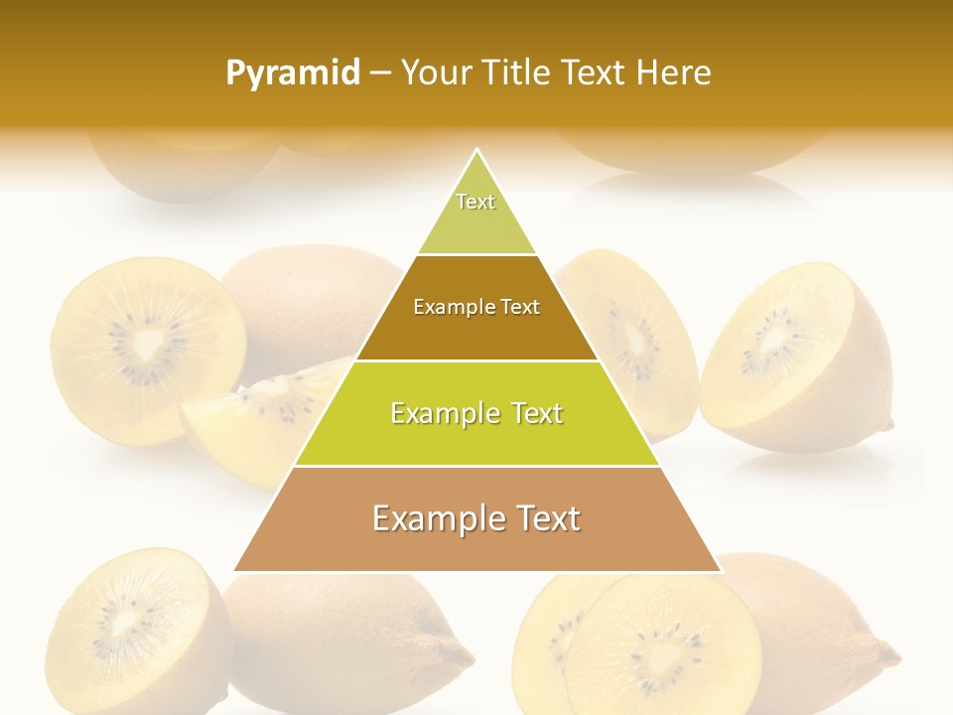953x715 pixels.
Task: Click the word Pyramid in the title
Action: coord(292,73)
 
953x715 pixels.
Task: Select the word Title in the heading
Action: coord(518,72)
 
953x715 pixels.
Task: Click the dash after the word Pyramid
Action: coord(379,73)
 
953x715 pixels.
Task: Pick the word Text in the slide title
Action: coord(596,72)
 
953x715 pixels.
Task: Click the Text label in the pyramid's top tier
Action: coord(476,202)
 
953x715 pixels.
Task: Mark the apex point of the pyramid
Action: coord(477,150)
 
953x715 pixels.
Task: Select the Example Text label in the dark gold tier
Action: coord(476,307)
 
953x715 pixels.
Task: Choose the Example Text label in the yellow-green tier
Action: coord(476,413)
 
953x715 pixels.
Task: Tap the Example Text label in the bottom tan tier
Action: coord(476,518)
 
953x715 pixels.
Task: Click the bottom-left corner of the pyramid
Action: coord(234,571)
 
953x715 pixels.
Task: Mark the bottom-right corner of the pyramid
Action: coord(721,571)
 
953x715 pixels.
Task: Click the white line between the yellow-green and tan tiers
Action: coord(476,466)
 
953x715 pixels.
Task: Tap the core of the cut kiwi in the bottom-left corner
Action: coord(127,623)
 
